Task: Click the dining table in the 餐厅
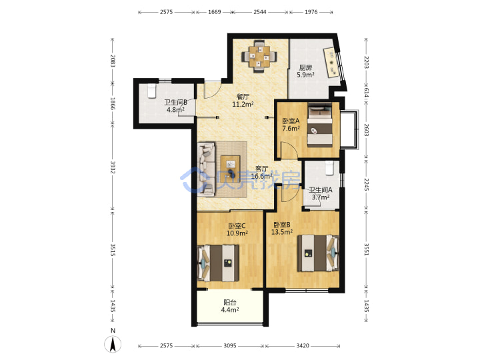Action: click(x=259, y=56)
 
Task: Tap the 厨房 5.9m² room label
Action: click(x=305, y=71)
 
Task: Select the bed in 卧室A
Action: click(x=320, y=125)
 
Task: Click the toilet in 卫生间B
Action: click(x=152, y=91)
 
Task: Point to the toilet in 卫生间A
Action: click(x=329, y=169)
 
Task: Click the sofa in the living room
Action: click(x=206, y=169)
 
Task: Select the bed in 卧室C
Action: click(x=219, y=263)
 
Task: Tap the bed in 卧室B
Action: click(x=318, y=253)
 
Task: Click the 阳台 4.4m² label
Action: click(x=230, y=306)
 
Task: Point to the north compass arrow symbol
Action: click(x=113, y=344)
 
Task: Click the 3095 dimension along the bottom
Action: click(x=230, y=345)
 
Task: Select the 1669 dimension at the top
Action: click(x=214, y=12)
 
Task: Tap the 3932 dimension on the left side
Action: click(x=113, y=167)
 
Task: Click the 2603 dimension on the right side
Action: click(x=367, y=130)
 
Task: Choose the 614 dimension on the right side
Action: click(x=367, y=92)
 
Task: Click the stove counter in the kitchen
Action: click(x=331, y=63)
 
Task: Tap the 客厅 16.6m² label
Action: click(x=262, y=173)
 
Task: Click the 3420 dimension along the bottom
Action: click(x=303, y=345)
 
